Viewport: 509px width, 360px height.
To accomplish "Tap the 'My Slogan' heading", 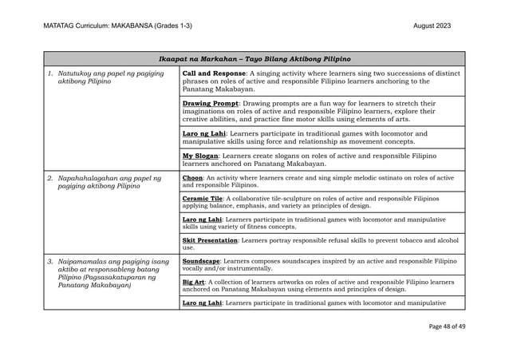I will [x=201, y=156].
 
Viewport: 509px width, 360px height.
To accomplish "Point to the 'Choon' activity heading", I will [x=193, y=177].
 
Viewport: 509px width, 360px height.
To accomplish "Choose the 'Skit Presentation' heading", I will [x=210, y=239].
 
